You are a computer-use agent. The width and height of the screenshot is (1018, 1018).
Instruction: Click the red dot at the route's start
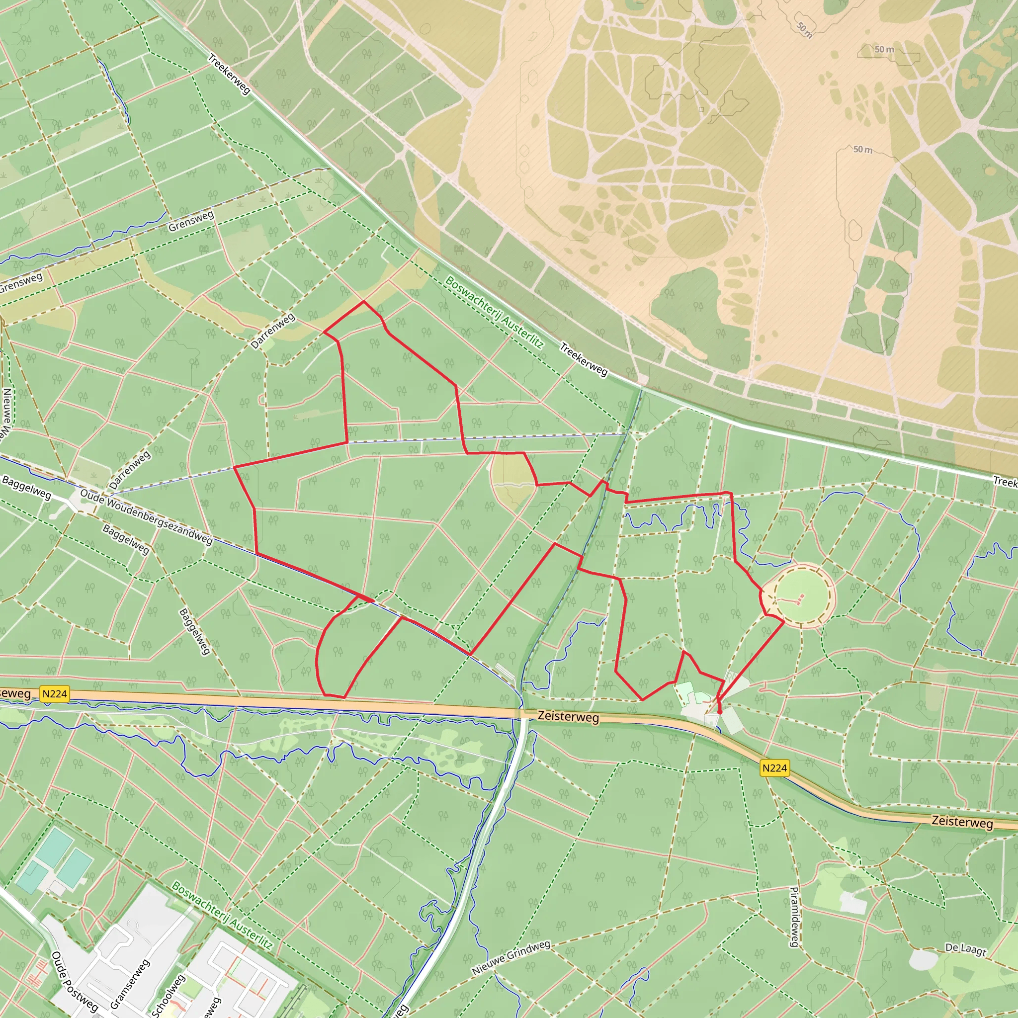tap(720, 712)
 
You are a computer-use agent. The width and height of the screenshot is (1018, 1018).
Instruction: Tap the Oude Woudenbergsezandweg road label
tap(147, 517)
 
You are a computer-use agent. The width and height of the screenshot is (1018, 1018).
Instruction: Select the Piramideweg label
tap(795, 917)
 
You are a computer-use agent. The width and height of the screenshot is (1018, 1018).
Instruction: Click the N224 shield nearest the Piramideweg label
tap(774, 768)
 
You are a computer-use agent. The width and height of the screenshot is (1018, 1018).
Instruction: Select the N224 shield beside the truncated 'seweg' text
tap(55, 694)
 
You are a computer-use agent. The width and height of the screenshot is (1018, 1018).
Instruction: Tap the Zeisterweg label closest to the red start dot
tap(568, 717)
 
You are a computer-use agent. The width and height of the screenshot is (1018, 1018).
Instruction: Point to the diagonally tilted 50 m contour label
tap(805, 30)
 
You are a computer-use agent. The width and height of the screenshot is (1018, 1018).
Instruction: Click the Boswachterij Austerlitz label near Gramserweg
tap(222, 916)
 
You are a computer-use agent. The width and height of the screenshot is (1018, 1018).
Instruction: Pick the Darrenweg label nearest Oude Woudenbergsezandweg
tap(130, 470)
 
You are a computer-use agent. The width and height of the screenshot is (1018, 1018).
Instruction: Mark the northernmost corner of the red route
tap(363, 301)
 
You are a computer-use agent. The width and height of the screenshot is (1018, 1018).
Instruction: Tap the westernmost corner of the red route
tap(234, 467)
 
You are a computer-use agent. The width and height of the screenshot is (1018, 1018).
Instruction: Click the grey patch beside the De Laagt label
tap(924, 960)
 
